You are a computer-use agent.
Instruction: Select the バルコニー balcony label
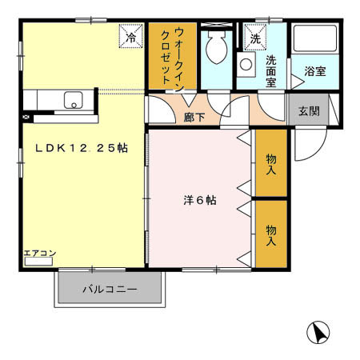point(110,290)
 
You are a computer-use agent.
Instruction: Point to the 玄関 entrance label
point(309,110)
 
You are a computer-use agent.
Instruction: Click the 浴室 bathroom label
point(314,72)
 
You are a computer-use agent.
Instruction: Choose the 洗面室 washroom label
point(276,70)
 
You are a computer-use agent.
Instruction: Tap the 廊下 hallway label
point(195,117)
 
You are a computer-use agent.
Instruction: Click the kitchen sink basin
point(74,100)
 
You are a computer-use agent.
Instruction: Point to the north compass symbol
point(318,332)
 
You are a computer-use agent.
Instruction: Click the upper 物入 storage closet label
point(271,164)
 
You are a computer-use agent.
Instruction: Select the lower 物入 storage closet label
point(271,234)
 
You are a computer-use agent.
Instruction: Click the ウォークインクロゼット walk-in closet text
point(173,54)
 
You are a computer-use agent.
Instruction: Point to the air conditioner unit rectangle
point(38,262)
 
